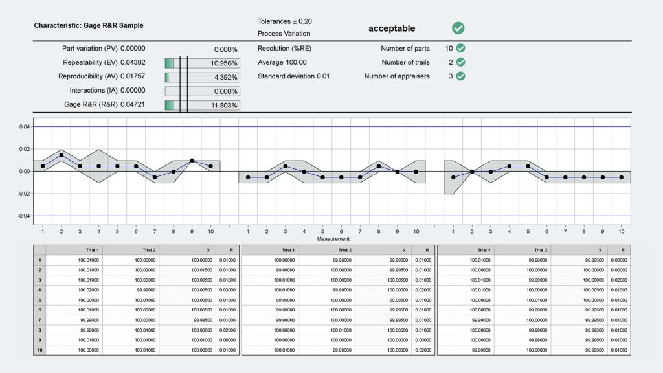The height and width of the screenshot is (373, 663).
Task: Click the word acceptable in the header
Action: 392,28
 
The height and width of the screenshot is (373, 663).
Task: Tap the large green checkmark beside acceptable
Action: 458,28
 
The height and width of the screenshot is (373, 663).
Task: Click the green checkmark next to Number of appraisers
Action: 460,76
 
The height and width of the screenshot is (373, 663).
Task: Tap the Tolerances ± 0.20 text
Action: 284,21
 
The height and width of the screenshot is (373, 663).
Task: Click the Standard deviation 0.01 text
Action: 293,76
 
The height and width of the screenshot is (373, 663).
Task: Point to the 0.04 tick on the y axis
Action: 23,127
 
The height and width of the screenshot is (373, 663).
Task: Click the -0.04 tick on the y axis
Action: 23,216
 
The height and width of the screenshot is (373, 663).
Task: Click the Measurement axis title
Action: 333,239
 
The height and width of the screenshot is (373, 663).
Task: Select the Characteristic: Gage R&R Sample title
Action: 89,26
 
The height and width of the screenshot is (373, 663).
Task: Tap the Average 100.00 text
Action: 282,63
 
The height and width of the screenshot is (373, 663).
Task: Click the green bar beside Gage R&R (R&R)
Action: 170,106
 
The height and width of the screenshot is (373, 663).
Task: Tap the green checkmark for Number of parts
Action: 460,49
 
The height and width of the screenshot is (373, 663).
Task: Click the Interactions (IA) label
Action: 107,91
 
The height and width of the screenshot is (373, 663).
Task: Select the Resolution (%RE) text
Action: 285,49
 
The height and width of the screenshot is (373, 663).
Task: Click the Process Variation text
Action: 284,34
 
